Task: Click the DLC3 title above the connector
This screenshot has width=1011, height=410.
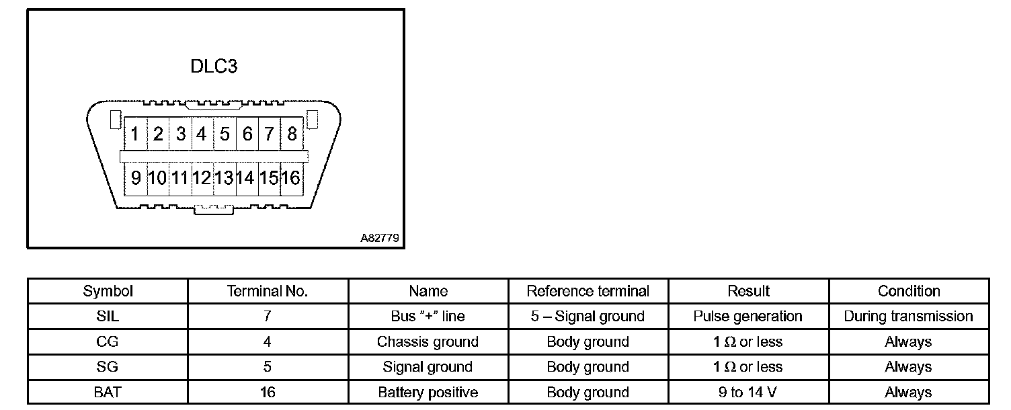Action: (214, 67)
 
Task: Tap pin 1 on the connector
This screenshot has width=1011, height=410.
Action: (135, 134)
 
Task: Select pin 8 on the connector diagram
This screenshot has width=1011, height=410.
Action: (292, 134)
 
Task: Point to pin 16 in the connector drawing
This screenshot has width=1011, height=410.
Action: (290, 178)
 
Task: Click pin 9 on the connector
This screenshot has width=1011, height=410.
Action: (136, 178)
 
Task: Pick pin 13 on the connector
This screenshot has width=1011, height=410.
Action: (224, 178)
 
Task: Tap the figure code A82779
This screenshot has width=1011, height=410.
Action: (380, 238)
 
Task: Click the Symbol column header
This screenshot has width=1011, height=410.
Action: (108, 291)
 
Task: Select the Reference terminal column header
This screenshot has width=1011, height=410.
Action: (588, 291)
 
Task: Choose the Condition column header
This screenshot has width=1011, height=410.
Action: (909, 291)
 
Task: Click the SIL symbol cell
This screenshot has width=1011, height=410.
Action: (108, 317)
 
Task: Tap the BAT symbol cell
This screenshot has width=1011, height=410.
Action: (108, 393)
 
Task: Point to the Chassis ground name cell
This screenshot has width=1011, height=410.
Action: (428, 342)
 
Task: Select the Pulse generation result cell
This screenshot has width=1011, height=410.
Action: (747, 317)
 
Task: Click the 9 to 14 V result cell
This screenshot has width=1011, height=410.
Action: (747, 393)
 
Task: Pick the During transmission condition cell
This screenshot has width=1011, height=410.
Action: (909, 317)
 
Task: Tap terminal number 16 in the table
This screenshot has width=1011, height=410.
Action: (268, 393)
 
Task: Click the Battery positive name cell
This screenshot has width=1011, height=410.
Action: (428, 393)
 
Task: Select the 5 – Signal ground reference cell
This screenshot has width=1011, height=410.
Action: (588, 317)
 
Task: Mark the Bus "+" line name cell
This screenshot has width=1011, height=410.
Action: (428, 317)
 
